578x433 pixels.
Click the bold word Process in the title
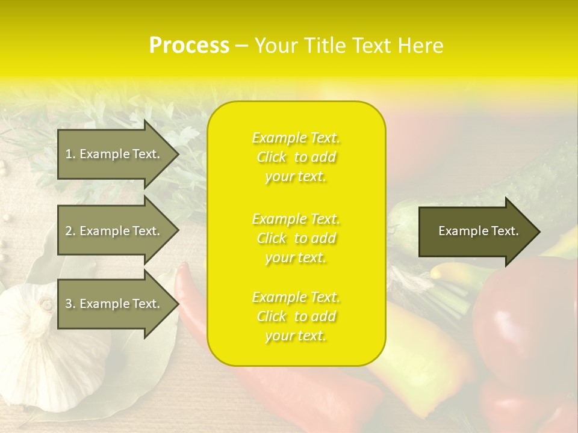(x=189, y=46)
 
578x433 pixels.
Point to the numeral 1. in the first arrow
(x=70, y=154)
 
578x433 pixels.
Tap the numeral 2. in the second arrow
(x=70, y=231)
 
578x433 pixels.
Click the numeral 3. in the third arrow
(x=70, y=304)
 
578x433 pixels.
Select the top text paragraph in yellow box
(x=296, y=157)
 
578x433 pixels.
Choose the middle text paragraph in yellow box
(x=296, y=238)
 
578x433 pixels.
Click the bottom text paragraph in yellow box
(x=296, y=316)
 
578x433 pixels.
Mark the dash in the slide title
(x=241, y=46)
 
